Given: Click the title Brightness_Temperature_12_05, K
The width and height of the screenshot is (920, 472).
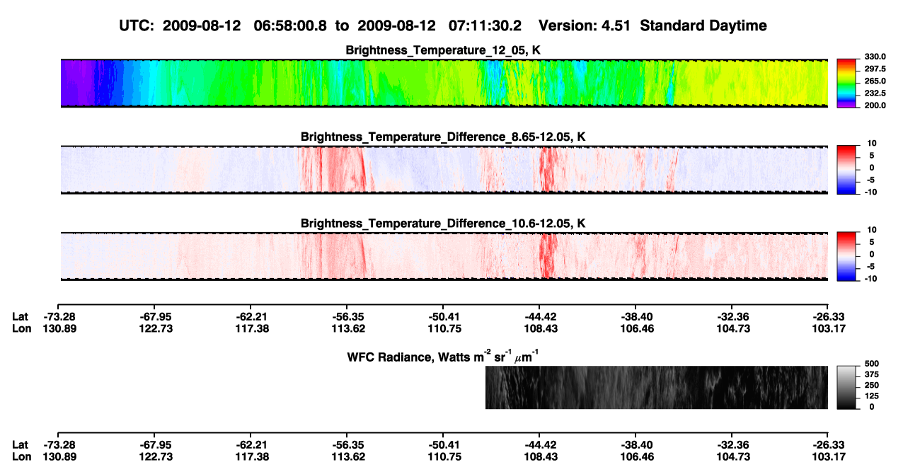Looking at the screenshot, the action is pos(443,50).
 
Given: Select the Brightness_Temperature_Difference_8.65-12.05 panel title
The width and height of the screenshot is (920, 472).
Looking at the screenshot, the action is pos(443,137).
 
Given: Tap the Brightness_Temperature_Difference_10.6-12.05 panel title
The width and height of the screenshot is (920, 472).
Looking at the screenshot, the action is pos(443,224).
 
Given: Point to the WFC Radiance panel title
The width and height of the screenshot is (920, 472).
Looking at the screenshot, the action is pos(443,356).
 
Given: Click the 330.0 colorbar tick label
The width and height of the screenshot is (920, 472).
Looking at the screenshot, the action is pos(875,57).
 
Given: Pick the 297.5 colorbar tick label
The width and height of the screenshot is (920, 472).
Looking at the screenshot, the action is pos(875,69).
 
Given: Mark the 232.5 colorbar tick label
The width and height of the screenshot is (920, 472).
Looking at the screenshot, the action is pos(875,93).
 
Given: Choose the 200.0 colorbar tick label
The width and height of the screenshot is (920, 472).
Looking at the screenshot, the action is pos(875,105).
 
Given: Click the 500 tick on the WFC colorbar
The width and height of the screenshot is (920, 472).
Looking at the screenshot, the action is pos(872,364).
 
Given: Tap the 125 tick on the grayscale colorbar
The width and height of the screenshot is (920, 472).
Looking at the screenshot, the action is pos(872,396).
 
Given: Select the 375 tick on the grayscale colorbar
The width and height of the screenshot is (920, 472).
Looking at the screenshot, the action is pos(872,374).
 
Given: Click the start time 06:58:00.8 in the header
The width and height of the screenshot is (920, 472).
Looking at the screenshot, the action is pos(290,26).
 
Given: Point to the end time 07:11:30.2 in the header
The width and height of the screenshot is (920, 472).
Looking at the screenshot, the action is pos(485,26).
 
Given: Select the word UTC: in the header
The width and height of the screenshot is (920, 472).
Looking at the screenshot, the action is pos(137,26).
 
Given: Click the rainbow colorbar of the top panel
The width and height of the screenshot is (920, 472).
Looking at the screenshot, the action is pos(846,84).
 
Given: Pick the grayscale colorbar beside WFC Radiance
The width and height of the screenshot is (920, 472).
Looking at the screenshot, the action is pos(846,387).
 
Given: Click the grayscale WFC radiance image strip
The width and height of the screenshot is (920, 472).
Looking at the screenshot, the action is pos(656,387).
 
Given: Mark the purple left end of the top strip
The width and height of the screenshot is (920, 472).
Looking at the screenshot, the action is pos(78,83).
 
